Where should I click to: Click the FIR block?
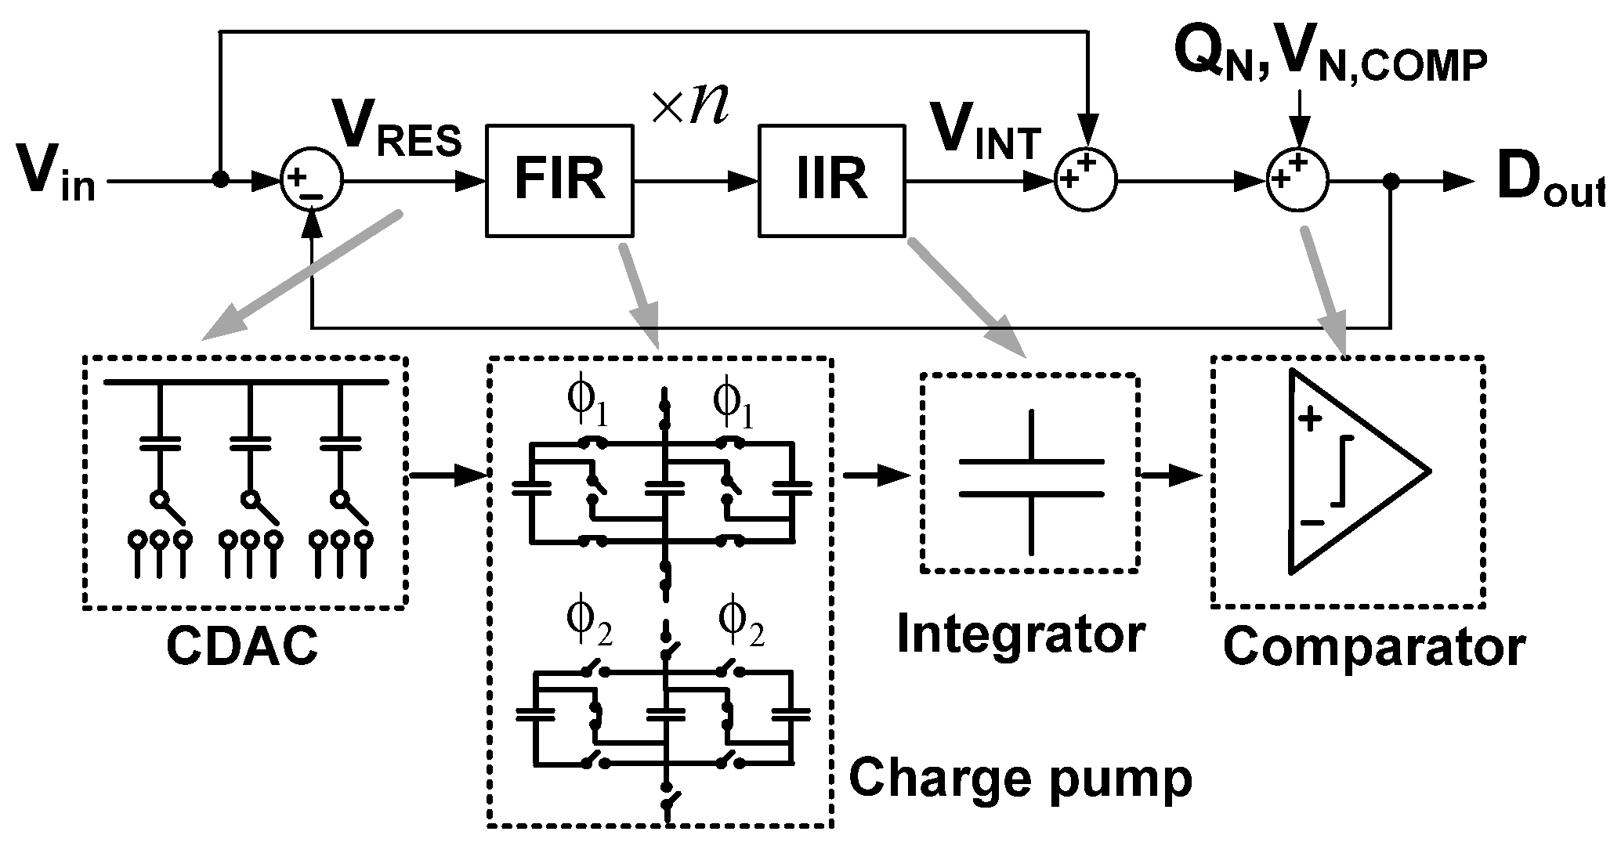(559, 180)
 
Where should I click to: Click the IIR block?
(831, 180)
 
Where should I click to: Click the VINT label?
(983, 135)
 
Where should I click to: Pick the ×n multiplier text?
(689, 106)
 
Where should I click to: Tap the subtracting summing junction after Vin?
(310, 181)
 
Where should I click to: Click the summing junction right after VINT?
(1085, 181)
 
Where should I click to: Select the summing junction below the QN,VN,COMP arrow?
(1297, 181)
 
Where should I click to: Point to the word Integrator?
(1020, 634)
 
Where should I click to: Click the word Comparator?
(1374, 647)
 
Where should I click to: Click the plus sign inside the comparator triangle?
(1309, 420)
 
